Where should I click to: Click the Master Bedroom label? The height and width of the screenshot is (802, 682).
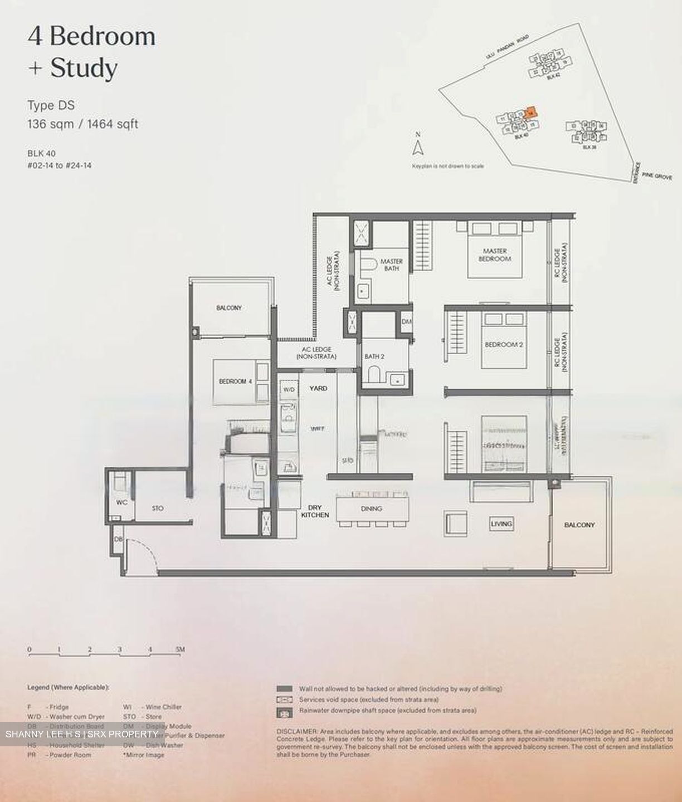point(495,255)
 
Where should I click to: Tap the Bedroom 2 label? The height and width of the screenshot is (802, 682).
point(504,345)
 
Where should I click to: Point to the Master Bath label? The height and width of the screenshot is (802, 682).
point(391,265)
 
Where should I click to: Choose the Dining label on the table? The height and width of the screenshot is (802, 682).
point(371,508)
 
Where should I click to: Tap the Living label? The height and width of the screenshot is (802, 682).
point(501,524)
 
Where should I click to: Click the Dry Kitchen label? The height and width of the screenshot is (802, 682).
point(315,511)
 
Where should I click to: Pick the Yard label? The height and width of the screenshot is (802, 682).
point(318,388)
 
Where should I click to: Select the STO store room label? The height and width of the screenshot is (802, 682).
point(158,508)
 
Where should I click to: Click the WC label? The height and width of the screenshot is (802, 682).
point(122,502)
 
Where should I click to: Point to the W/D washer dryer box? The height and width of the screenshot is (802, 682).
point(289,390)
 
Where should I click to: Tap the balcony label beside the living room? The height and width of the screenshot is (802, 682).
point(579,525)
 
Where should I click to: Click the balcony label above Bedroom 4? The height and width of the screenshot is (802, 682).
point(229,307)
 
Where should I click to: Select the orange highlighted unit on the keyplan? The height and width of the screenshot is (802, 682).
point(531,111)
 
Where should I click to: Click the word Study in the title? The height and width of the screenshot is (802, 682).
point(84,69)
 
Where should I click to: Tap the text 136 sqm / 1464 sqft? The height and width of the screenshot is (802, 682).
point(83,124)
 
